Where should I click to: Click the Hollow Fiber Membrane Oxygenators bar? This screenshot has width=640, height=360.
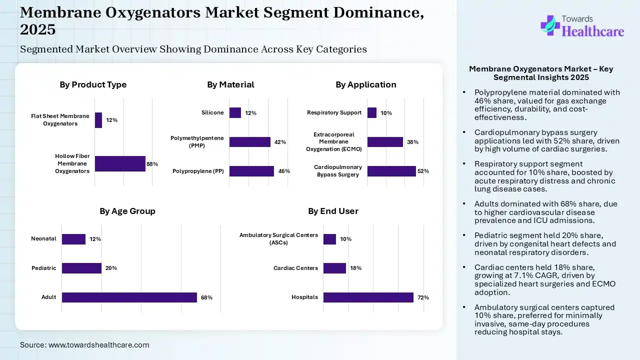[120, 163]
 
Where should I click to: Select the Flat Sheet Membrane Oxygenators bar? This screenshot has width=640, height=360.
[98, 120]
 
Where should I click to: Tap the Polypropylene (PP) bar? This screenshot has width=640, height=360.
[251, 171]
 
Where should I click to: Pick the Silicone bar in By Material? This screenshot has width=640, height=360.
[235, 112]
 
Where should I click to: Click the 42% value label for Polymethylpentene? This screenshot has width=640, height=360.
[280, 142]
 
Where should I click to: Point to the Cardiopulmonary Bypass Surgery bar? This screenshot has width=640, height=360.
[391, 171]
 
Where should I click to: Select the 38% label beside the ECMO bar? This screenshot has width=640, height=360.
[412, 142]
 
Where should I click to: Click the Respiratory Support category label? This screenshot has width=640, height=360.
[334, 112]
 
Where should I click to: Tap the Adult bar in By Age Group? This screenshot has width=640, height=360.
[129, 297]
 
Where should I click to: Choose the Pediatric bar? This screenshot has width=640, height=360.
[81, 268]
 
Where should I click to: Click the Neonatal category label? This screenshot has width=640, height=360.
[43, 238]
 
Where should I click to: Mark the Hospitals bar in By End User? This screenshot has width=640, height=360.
[368, 297]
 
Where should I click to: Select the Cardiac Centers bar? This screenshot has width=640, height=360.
[334, 268]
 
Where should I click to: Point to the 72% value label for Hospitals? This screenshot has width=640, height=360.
[423, 297]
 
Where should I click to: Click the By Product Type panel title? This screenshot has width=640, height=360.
[93, 84]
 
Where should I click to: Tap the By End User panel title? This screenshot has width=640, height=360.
[333, 211]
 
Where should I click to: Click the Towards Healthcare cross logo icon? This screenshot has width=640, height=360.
[550, 25]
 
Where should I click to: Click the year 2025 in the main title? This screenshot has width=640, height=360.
[37, 29]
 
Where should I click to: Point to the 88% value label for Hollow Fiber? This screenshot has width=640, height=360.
[152, 163]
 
